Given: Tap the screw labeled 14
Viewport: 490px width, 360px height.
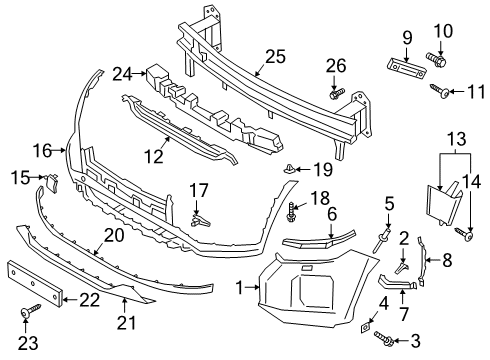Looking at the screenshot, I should pos(466,237).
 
